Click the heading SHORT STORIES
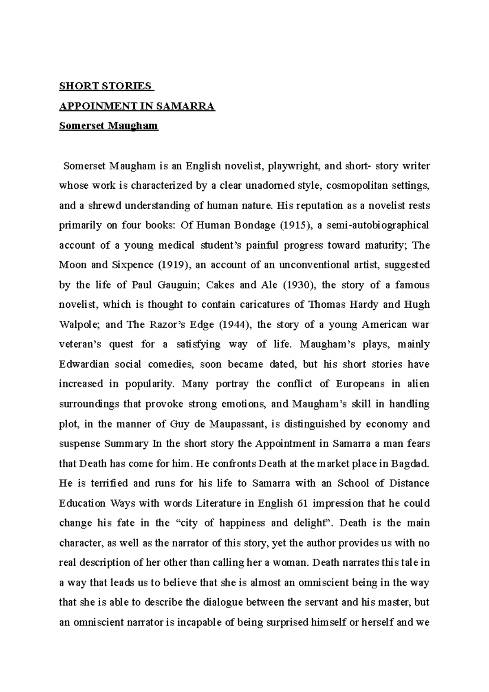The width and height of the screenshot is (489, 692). tap(105, 86)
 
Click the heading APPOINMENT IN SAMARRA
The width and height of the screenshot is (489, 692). tap(137, 106)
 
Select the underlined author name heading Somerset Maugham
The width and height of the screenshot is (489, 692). tap(108, 126)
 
